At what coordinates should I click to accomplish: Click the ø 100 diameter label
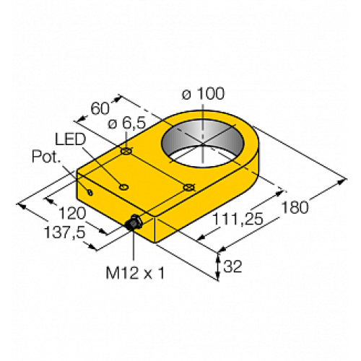pyautogui.click(x=203, y=92)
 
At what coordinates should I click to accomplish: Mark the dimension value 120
pyautogui.click(x=69, y=214)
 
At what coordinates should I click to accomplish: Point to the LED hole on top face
pyautogui.click(x=124, y=187)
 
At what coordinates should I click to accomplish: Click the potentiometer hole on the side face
pyautogui.click(x=90, y=191)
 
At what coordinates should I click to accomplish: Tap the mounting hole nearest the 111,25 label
pyautogui.click(x=188, y=188)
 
